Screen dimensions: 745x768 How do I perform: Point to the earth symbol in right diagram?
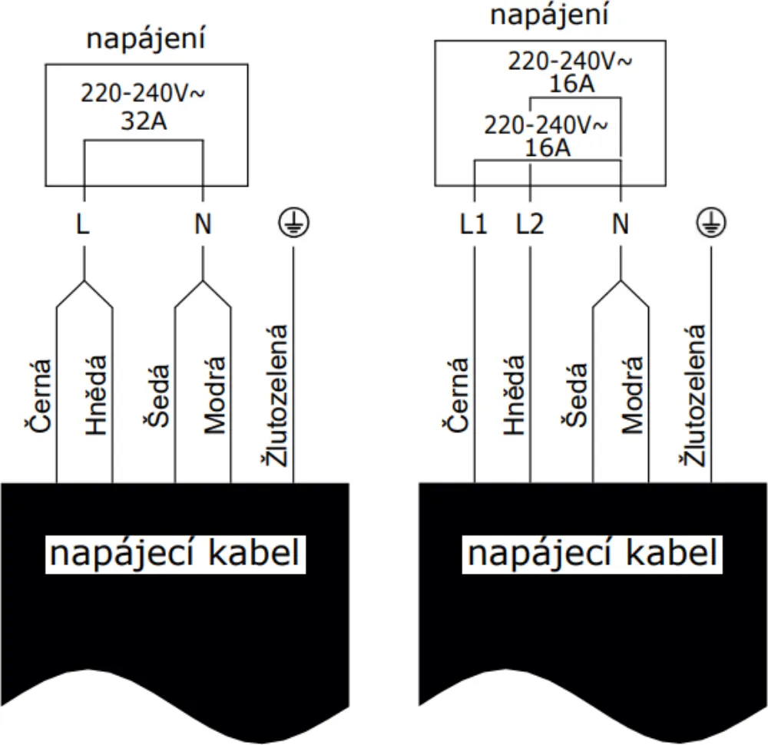click(x=710, y=223)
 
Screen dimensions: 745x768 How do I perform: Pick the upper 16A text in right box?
click(x=572, y=83)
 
